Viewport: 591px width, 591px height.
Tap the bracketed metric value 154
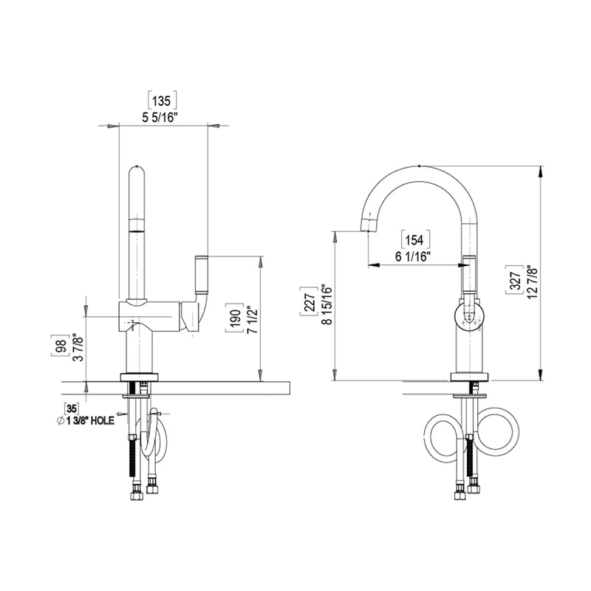pyautogui.click(x=415, y=239)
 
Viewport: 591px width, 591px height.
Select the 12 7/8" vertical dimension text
pyautogui.click(x=532, y=280)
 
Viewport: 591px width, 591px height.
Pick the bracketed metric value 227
pyautogui.click(x=308, y=301)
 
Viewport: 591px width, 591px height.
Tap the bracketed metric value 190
pyautogui.click(x=233, y=318)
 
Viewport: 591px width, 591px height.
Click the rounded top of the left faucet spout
pyautogui.click(x=138, y=171)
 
